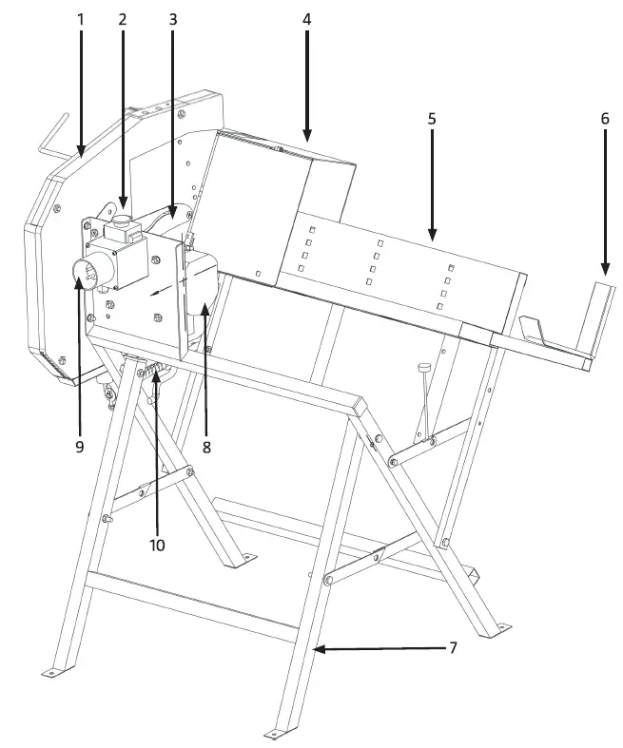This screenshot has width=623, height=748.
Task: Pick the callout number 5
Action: pos(432,119)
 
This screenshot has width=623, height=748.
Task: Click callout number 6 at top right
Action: pos(604,119)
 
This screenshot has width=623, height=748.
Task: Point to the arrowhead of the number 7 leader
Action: pos(319,649)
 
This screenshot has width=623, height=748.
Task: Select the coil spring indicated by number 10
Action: pos(155,372)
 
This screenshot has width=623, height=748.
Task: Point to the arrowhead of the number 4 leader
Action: pos(307,138)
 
